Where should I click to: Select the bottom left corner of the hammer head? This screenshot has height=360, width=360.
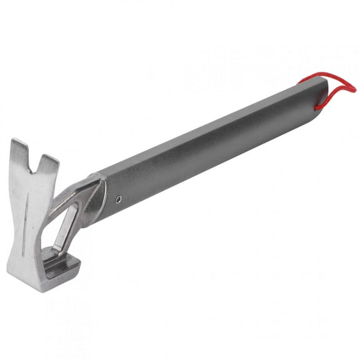(x=10, y=270)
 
